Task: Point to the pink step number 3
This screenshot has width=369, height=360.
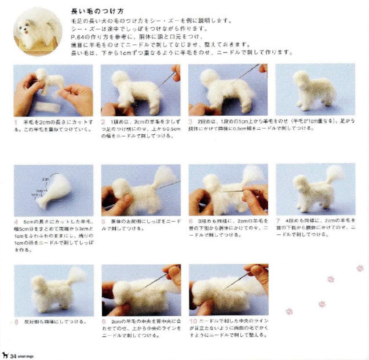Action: click(x=191, y=121)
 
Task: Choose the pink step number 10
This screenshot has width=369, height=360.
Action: click(x=192, y=321)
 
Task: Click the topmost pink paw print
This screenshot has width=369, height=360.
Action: click(x=359, y=268)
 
